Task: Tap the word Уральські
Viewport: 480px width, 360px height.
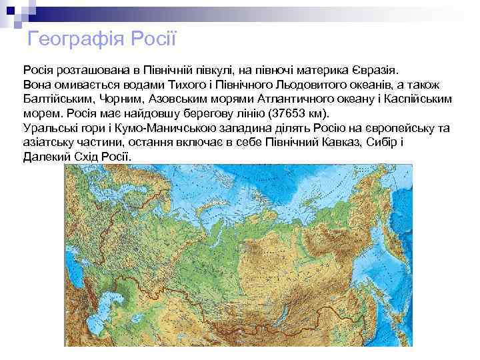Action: coord(49,128)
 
